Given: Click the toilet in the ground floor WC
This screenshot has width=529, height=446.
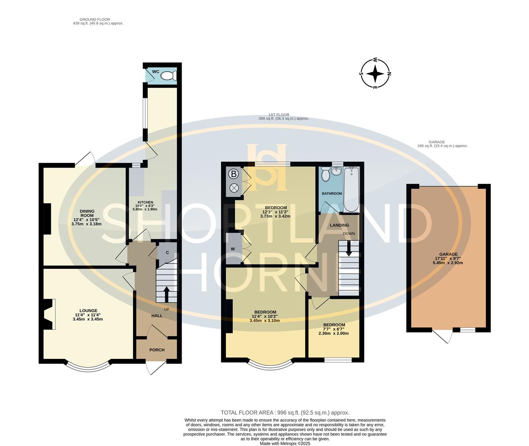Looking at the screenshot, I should pyautogui.click(x=168, y=76).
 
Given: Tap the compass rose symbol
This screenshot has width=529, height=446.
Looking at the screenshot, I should pyautogui.click(x=375, y=74).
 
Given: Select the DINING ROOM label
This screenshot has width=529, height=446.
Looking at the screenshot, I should pyautogui.click(x=87, y=213).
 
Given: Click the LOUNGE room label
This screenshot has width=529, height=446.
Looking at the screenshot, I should pyautogui.click(x=89, y=311).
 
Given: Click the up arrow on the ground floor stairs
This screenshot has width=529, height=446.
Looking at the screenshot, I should pyautogui.click(x=166, y=294).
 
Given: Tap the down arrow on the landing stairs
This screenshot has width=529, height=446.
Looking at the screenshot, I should pyautogui.click(x=349, y=249).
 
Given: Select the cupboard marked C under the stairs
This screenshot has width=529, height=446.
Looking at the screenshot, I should pyautogui.click(x=167, y=252).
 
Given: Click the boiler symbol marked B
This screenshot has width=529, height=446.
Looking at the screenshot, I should pyautogui.click(x=234, y=173).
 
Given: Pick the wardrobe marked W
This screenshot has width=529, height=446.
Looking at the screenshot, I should pyautogui.click(x=233, y=249).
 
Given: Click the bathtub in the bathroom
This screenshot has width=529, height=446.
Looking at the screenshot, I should pyautogui.click(x=352, y=189).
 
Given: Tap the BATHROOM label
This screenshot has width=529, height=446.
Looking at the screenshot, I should pyautogui.click(x=332, y=193).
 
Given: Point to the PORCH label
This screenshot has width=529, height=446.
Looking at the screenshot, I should pyautogui.click(x=157, y=350).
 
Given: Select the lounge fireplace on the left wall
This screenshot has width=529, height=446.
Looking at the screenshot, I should pyautogui.click(x=49, y=314).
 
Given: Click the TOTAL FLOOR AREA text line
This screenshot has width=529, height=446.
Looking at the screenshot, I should pyautogui.click(x=285, y=412).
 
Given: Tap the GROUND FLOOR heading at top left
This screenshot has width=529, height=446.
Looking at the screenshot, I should pyautogui.click(x=95, y=19).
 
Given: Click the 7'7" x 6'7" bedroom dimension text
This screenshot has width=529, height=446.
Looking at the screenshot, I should pyautogui.click(x=334, y=329).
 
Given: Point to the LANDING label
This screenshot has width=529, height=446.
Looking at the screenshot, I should pyautogui.click(x=339, y=225).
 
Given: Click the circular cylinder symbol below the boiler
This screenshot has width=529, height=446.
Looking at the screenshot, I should pyautogui.click(x=234, y=188).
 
